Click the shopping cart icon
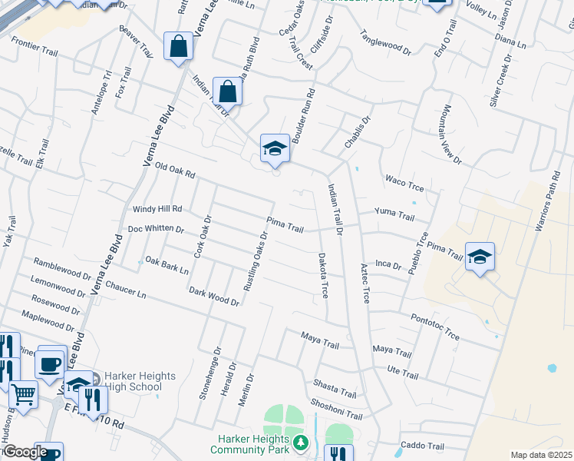click(24, 395)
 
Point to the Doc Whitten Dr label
click(156, 229)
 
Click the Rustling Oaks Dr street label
click(254, 261)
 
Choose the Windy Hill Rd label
click(157, 208)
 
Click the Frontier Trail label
click(35, 50)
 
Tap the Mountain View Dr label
click(450, 135)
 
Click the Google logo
click(25, 452)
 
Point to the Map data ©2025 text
click(541, 455)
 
